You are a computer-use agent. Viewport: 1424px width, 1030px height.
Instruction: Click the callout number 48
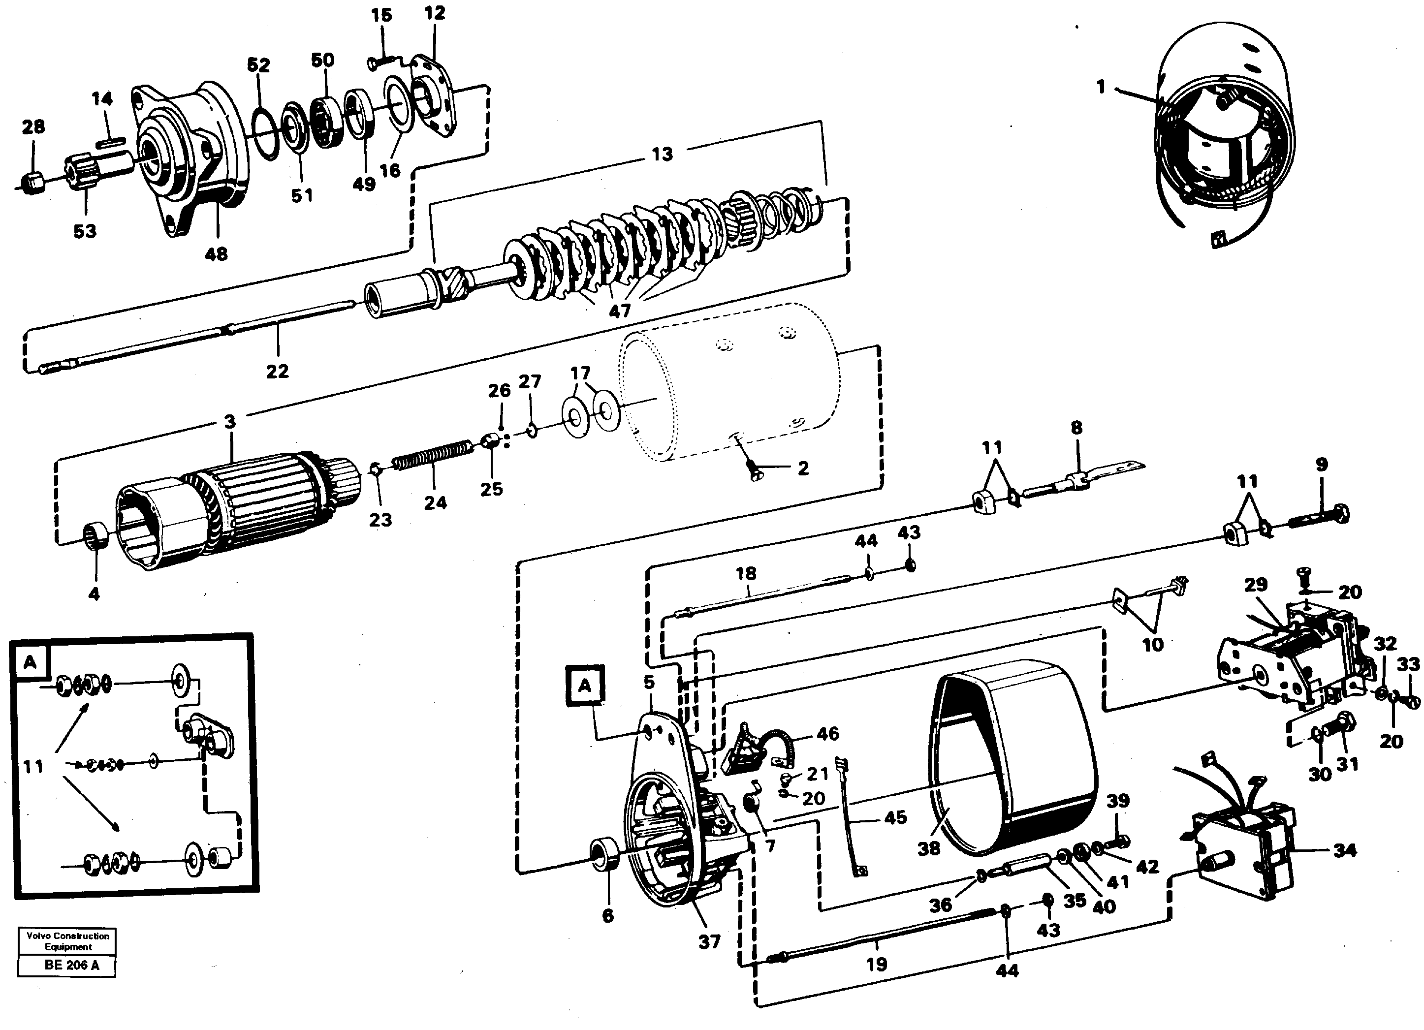(216, 254)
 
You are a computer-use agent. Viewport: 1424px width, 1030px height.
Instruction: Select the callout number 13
(662, 155)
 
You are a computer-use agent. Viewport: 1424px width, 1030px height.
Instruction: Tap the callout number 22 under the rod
(277, 372)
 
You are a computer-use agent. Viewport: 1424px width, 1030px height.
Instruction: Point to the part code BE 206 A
(71, 966)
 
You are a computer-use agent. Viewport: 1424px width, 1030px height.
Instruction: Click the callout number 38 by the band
(929, 848)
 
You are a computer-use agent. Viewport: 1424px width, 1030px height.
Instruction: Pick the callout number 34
(1344, 850)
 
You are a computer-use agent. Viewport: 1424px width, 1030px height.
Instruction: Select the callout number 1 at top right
(1101, 87)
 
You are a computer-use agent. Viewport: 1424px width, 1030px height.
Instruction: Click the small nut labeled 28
(32, 183)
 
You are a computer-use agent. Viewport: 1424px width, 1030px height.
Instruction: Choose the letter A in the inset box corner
(30, 663)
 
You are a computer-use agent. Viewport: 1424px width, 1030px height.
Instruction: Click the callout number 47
(619, 311)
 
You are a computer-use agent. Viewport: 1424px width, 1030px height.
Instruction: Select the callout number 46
(827, 734)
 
